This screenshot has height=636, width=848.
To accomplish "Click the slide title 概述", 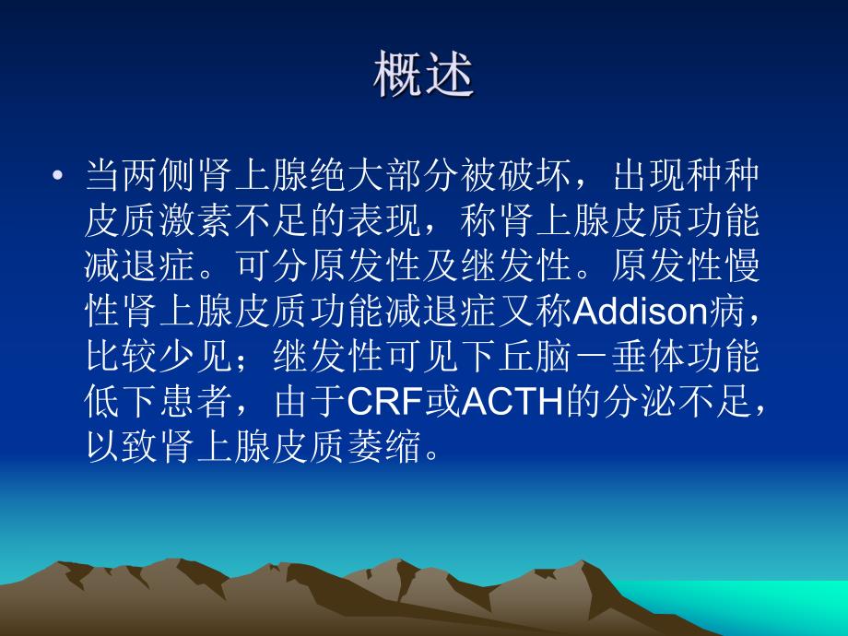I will [423, 76].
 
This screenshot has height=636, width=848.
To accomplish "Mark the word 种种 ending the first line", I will [733, 176].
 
